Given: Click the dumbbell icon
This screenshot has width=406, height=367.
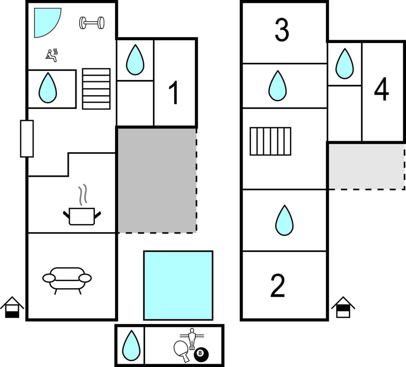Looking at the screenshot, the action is point(92,23).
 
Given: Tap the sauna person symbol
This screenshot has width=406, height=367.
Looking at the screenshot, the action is point(52,55).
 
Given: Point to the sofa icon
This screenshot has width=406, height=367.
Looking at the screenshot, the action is point(67,281).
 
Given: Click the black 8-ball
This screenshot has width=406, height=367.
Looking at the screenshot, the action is point(201,355).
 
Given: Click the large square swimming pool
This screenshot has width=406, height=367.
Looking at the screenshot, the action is point(178,286).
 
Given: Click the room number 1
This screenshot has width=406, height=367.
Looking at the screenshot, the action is point(174,93).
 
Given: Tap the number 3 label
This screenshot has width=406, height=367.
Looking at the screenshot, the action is point(282,30).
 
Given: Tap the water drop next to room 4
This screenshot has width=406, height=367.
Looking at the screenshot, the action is point(344,64).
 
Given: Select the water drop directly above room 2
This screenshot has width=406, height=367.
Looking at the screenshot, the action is point(284,220).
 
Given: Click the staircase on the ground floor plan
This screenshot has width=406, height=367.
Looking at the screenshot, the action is point(96,89).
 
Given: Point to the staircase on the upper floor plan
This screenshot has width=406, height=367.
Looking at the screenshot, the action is point(270,141).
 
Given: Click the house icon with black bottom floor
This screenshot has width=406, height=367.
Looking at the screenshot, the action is point(12,307).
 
